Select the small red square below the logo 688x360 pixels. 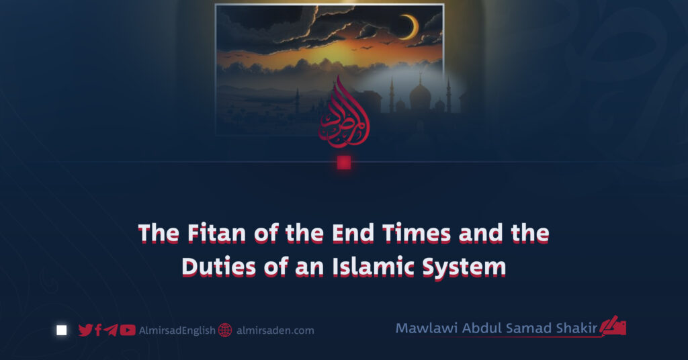(344, 163)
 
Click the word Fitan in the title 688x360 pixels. (216, 233)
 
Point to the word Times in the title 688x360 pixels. (416, 233)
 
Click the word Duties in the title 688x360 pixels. (218, 267)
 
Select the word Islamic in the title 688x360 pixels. (373, 267)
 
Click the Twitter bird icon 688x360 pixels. (85, 330)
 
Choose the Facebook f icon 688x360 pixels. (98, 330)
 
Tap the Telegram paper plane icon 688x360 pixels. (110, 330)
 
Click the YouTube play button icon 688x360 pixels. (127, 330)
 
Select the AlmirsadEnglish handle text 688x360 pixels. (177, 330)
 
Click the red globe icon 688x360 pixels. (224, 330)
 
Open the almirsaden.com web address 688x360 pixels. (275, 330)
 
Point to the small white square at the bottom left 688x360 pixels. (61, 330)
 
